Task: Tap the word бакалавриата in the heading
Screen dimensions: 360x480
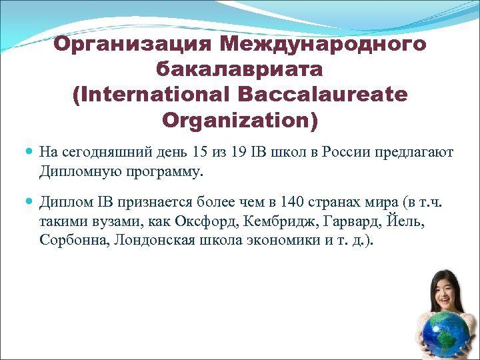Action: pos(239,69)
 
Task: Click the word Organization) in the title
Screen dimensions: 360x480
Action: pos(240,121)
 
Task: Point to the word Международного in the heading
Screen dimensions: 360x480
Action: pos(325,45)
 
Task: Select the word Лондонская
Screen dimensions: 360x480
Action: pos(147,240)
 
